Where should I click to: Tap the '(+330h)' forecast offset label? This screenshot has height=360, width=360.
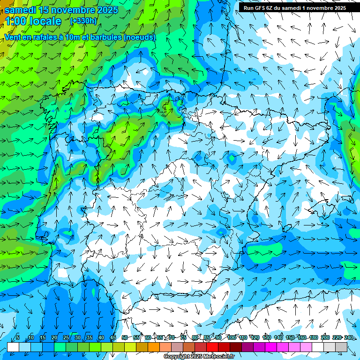click(83, 21)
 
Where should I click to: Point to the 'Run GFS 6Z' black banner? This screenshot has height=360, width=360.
click(294, 7)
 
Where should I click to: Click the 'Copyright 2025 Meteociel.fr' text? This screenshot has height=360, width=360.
click(199, 357)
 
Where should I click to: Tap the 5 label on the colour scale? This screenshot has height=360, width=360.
click(17, 337)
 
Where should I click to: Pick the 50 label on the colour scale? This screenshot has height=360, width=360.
click(124, 337)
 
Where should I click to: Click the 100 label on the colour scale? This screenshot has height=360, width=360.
click(231, 337)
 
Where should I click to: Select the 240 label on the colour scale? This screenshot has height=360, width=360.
click(349, 337)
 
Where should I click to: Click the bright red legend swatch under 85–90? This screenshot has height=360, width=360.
click(212, 347)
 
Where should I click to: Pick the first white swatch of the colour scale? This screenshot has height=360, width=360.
click(13, 347)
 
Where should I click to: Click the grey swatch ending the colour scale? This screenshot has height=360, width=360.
click(341, 347)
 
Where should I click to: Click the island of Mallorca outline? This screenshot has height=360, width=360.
click(323, 206)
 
